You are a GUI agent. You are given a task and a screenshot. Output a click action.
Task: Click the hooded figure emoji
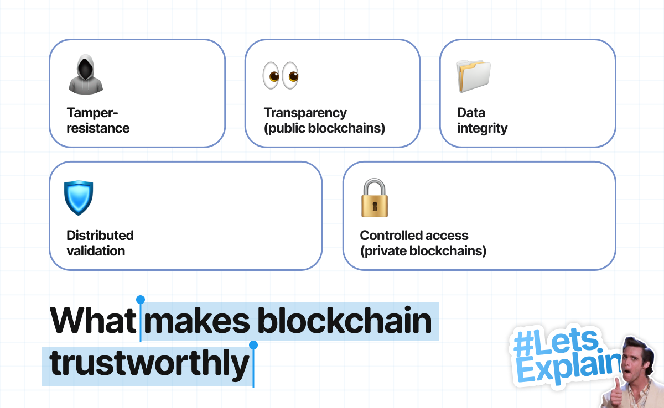(86, 74)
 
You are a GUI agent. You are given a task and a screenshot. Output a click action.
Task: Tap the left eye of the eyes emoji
(271, 76)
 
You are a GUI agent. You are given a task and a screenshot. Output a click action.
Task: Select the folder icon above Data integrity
(474, 76)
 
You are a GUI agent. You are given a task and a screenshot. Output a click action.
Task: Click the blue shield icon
(79, 197)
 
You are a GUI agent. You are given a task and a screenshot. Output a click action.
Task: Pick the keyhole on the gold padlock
(375, 206)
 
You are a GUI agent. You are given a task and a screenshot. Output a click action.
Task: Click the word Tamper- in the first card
(92, 113)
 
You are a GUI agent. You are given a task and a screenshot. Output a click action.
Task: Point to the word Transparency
(305, 113)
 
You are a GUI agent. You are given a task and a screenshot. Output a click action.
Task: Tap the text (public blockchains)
(325, 128)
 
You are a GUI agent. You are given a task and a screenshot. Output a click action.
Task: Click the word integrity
(483, 129)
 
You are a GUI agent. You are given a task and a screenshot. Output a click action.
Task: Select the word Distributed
(100, 236)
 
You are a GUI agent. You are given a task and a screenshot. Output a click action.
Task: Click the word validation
(96, 251)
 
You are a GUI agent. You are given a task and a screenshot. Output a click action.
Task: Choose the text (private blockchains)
(423, 251)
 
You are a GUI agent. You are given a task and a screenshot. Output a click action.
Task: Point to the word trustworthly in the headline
(149, 364)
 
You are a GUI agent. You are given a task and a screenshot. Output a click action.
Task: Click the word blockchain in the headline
(345, 320)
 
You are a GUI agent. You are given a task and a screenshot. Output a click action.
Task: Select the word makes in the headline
(197, 320)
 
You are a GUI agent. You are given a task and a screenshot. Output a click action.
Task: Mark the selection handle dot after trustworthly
(253, 345)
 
